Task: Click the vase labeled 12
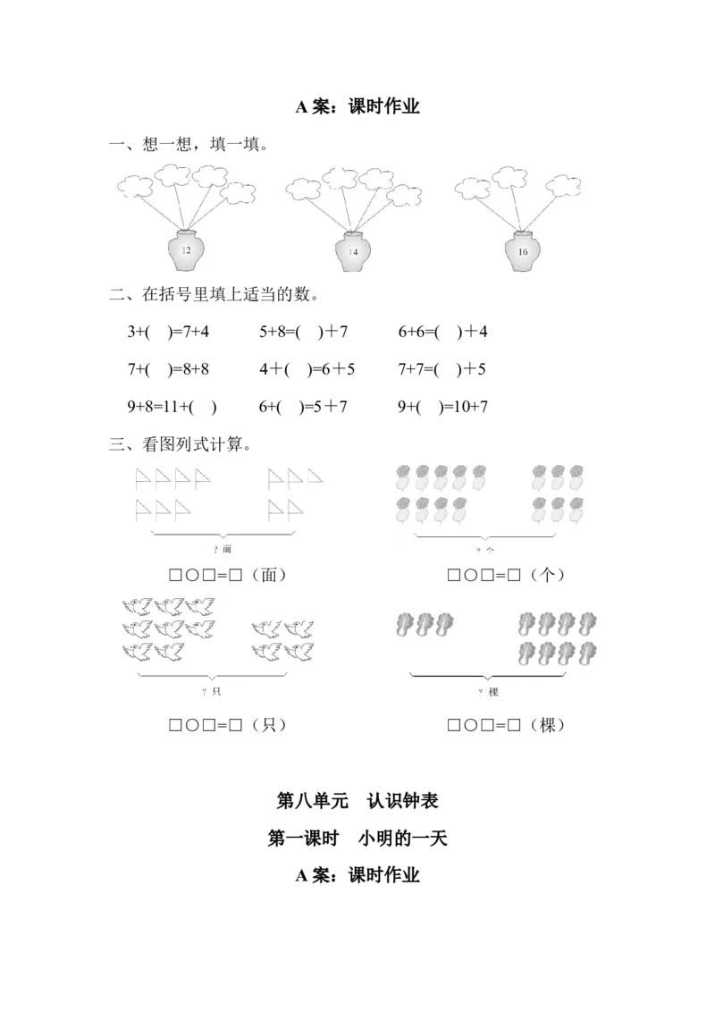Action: tap(186, 249)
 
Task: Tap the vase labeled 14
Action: tap(352, 251)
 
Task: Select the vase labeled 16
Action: tap(522, 251)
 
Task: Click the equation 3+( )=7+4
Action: tap(168, 332)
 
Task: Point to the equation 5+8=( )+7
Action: tap(303, 332)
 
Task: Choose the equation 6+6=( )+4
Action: tap(442, 332)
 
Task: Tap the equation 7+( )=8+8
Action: tap(168, 369)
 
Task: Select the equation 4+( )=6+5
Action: tap(307, 369)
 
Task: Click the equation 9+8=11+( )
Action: tap(172, 407)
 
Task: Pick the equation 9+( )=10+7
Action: tap(442, 407)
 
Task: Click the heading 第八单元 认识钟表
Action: tap(357, 801)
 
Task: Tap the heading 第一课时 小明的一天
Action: tap(357, 839)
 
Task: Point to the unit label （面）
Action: tap(269, 575)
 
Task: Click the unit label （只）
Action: tap(269, 725)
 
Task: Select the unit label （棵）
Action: tap(547, 725)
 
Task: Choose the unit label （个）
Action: tap(547, 575)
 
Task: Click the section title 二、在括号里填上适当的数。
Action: tap(214, 294)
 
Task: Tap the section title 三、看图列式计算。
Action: tap(181, 444)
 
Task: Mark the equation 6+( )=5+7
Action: tap(303, 407)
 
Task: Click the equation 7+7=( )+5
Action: tap(442, 369)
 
